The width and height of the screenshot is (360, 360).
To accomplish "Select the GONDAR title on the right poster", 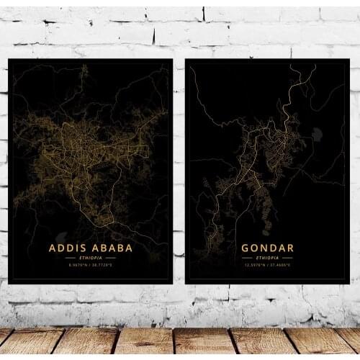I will [267, 248].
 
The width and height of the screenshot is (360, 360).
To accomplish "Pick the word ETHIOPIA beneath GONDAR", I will [267, 257].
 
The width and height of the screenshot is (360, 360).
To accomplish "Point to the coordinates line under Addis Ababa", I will [90, 265].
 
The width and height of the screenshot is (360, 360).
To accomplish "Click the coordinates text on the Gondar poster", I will [267, 264].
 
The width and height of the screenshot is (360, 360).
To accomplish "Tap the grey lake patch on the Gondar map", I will [317, 134].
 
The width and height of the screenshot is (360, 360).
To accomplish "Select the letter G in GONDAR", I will [246, 248].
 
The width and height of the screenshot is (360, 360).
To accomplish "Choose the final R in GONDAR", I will [289, 248].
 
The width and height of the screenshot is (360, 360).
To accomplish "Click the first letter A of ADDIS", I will [53, 248].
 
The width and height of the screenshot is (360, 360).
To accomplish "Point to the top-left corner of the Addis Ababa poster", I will [9, 60].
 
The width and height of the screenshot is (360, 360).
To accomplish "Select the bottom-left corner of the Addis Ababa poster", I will [9, 283].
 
